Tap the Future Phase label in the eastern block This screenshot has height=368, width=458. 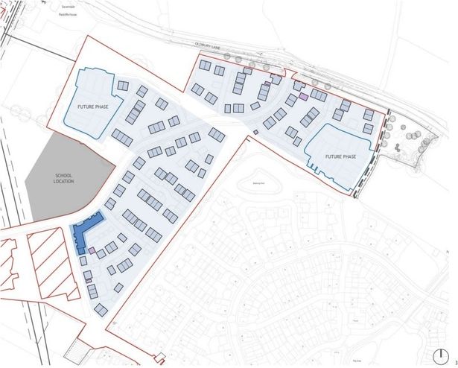pyautogui.click(x=340, y=157)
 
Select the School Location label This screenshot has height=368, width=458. pyautogui.click(x=63, y=178)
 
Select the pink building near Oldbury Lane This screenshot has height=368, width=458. pyautogui.click(x=303, y=95)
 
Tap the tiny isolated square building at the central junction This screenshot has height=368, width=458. pyautogui.click(x=255, y=133)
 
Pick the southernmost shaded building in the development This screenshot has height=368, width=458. pyautogui.click(x=101, y=308)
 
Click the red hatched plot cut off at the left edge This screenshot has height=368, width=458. pyautogui.click(x=10, y=268)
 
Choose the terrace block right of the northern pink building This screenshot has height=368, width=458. pyautogui.click(x=319, y=95)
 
